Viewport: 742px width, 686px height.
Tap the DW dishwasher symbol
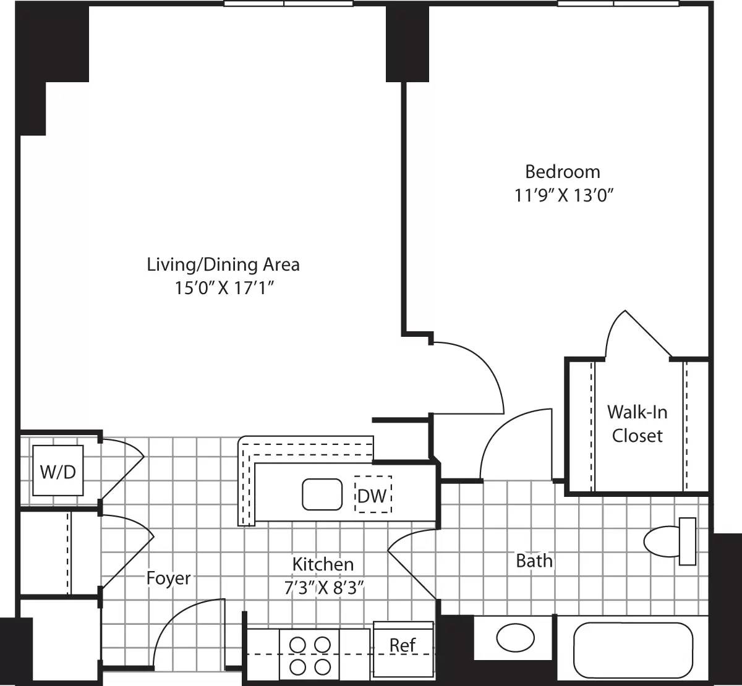(x=373, y=494)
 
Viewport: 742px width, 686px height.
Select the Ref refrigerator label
(x=403, y=645)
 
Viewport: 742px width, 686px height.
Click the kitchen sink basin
(x=322, y=494)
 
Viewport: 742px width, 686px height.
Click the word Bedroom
(x=562, y=171)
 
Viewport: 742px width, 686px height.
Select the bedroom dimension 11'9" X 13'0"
(x=563, y=195)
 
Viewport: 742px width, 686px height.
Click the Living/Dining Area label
(x=223, y=265)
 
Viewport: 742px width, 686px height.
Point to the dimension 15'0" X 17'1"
(x=224, y=289)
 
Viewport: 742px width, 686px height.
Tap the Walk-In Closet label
(x=637, y=423)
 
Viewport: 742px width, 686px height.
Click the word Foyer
(x=168, y=578)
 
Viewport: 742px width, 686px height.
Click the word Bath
(x=534, y=561)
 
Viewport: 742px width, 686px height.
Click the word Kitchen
(x=323, y=564)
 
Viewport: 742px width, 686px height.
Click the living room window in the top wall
(x=288, y=4)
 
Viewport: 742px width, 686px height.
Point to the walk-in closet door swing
(x=637, y=334)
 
